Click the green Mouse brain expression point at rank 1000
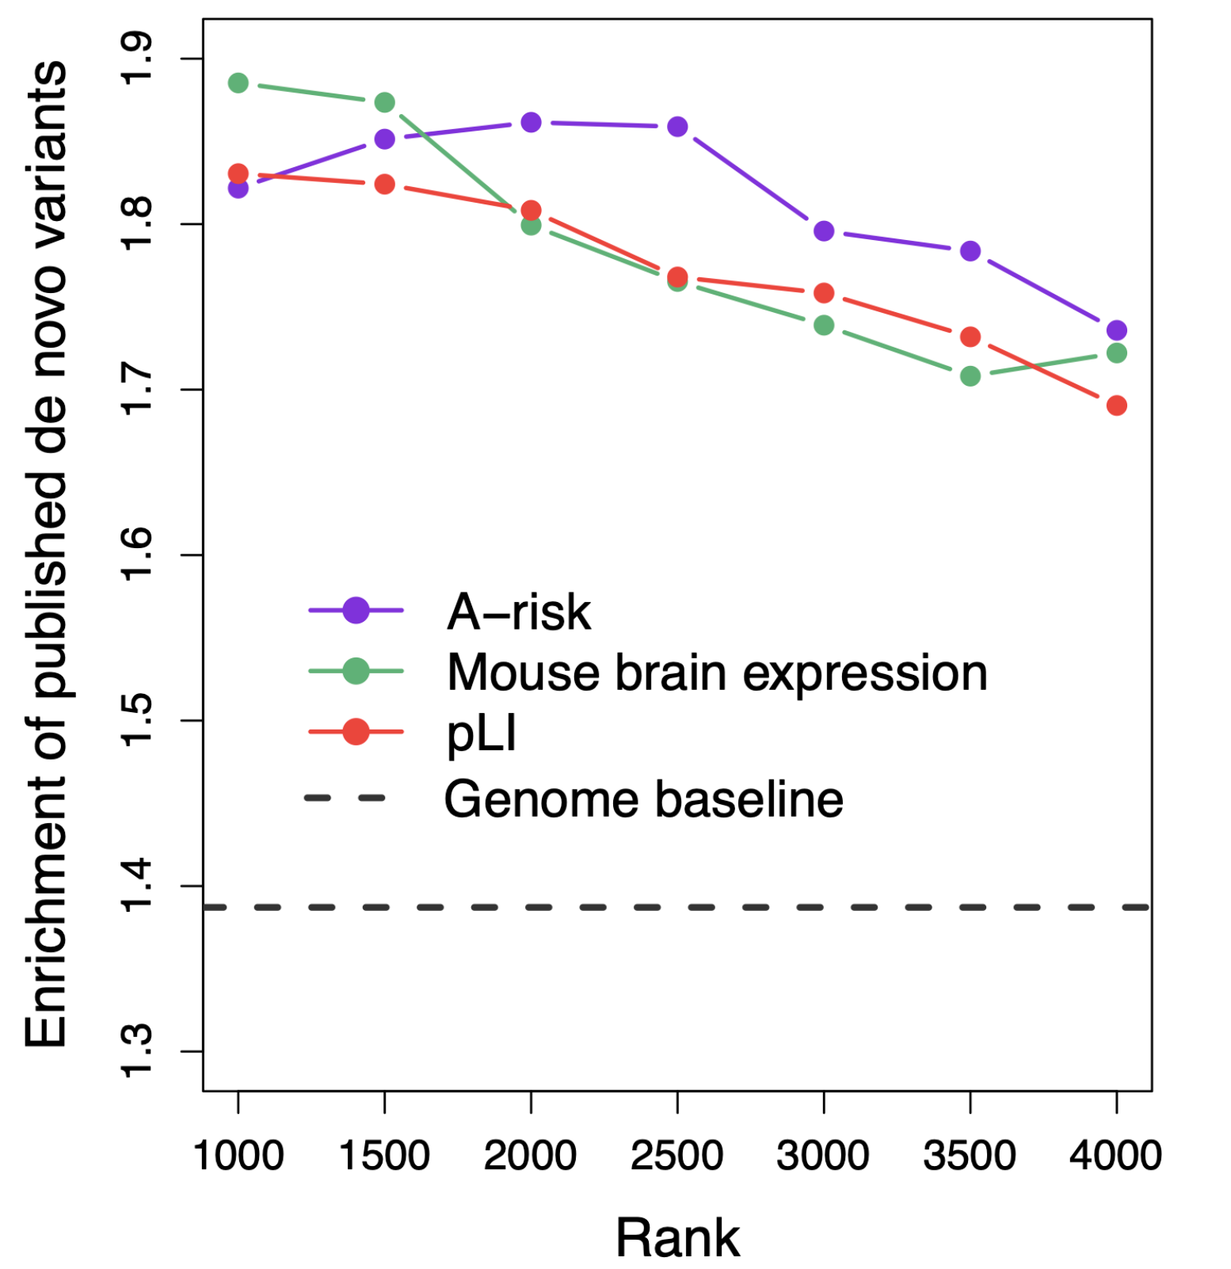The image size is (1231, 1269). tap(238, 83)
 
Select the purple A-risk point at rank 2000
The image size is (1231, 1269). tap(531, 123)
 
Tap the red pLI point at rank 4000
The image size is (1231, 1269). tap(1116, 406)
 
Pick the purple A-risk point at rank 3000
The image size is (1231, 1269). tap(824, 231)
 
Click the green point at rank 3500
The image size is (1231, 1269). tap(970, 376)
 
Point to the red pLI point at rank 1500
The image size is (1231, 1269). tap(385, 185)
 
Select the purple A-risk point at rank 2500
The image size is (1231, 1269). tap(677, 127)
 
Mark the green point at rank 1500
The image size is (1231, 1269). tap(385, 102)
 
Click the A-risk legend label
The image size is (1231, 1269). tap(519, 612)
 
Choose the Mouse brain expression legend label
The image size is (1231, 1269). tap(717, 673)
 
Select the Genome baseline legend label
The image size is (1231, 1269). tap(643, 798)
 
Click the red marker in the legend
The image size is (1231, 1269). tap(356, 732)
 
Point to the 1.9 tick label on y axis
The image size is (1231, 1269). tap(136, 58)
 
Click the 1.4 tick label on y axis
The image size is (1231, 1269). tap(136, 886)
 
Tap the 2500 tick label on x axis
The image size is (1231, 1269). tap(676, 1156)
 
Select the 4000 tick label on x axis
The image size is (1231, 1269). tap(1115, 1156)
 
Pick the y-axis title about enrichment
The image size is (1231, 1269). tap(46, 554)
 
